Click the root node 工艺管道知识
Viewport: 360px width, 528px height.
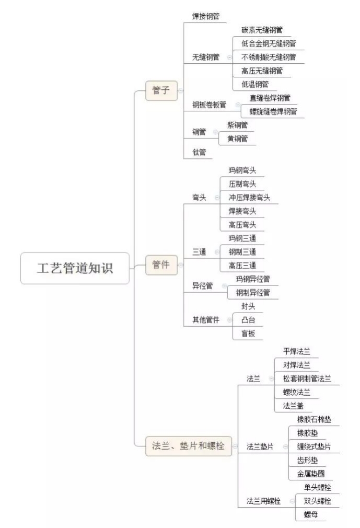pos(75,268)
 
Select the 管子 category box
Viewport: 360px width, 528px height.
pos(161,90)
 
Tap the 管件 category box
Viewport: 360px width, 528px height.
pos(161,265)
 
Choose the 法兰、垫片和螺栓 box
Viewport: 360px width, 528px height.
pos(189,446)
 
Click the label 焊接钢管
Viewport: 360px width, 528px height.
pos(205,16)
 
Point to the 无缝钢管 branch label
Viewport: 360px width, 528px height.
pos(205,57)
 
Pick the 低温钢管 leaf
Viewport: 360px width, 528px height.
pos(254,84)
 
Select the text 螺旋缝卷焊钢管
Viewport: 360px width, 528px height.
pos(273,111)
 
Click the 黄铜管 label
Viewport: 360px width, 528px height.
pos(238,139)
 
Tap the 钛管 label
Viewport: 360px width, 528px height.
pos(199,152)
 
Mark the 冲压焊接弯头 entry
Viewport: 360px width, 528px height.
pos(249,197)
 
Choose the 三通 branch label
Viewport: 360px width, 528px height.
pos(199,252)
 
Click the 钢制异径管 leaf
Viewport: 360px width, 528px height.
pos(253,293)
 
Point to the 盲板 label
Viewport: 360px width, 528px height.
pos(248,334)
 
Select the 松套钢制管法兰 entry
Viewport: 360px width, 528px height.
pos(307,378)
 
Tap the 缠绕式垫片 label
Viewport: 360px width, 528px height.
pos(314,446)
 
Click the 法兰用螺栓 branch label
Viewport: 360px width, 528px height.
pos(263,501)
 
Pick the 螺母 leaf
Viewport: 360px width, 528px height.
pos(310,514)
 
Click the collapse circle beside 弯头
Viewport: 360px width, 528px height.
pos(217,198)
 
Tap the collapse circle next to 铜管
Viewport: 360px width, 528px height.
pos(215,132)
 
